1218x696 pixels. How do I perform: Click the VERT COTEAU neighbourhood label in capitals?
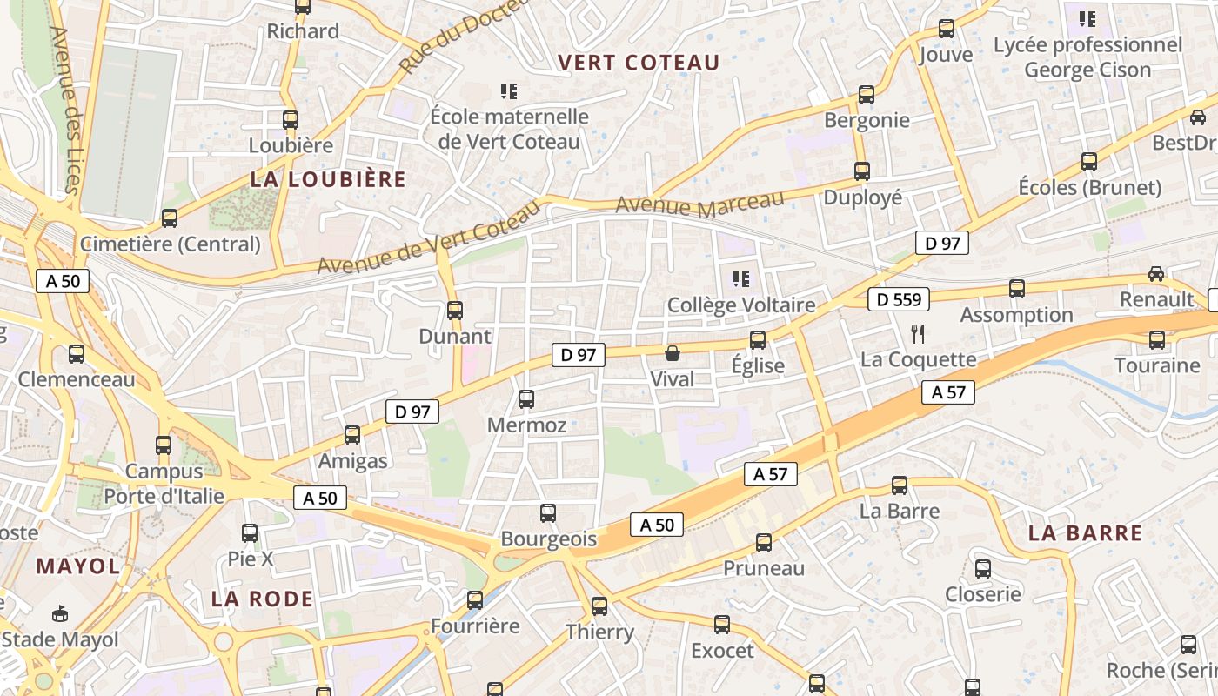point(639,63)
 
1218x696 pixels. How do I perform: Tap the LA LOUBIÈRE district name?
point(328,179)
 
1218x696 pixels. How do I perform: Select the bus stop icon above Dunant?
point(454,310)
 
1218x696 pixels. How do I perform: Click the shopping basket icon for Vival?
point(672,353)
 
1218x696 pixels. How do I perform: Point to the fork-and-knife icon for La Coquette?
point(917,332)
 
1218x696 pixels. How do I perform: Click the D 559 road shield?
point(899,299)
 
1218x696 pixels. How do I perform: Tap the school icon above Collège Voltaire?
point(740,279)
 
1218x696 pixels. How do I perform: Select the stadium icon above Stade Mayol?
point(59,614)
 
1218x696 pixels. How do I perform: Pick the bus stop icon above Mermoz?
point(526,399)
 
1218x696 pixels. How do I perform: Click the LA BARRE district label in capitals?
point(1085,533)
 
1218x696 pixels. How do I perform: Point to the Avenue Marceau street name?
point(700,205)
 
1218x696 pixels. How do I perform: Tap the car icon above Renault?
point(1155,274)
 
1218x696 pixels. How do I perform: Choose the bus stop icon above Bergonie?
point(866,95)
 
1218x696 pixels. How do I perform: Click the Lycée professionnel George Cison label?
point(1087,57)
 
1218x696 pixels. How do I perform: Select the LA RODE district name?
point(262,599)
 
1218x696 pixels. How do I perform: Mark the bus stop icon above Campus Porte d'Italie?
point(163,445)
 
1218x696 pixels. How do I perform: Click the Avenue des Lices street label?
point(65,110)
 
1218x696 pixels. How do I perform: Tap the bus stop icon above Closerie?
point(982,569)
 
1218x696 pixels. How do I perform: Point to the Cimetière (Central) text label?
point(171,244)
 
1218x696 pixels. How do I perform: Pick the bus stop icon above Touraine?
point(1156,339)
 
